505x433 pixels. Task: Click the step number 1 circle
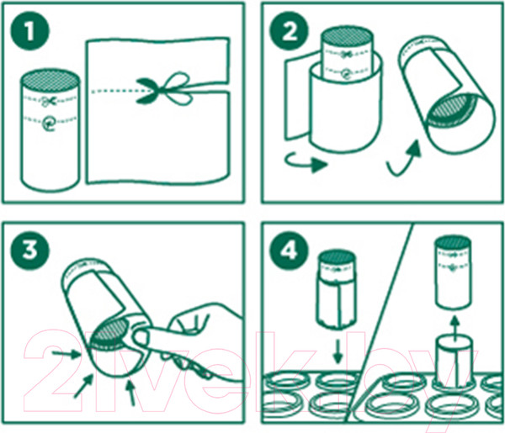(30, 31)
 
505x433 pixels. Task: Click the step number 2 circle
(289, 31)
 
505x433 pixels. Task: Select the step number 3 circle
(30, 251)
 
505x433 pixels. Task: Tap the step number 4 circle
(289, 251)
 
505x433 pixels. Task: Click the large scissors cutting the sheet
(162, 89)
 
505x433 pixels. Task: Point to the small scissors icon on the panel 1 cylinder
(49, 102)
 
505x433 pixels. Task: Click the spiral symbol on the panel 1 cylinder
(49, 123)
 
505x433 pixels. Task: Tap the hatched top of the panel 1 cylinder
(50, 80)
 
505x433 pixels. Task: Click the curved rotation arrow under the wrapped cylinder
(306, 162)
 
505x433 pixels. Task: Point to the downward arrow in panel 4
(338, 351)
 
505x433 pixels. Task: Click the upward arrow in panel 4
(454, 329)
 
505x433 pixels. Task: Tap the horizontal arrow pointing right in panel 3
(66, 354)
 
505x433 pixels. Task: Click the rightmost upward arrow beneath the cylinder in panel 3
(130, 393)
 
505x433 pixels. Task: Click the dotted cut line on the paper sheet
(114, 91)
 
